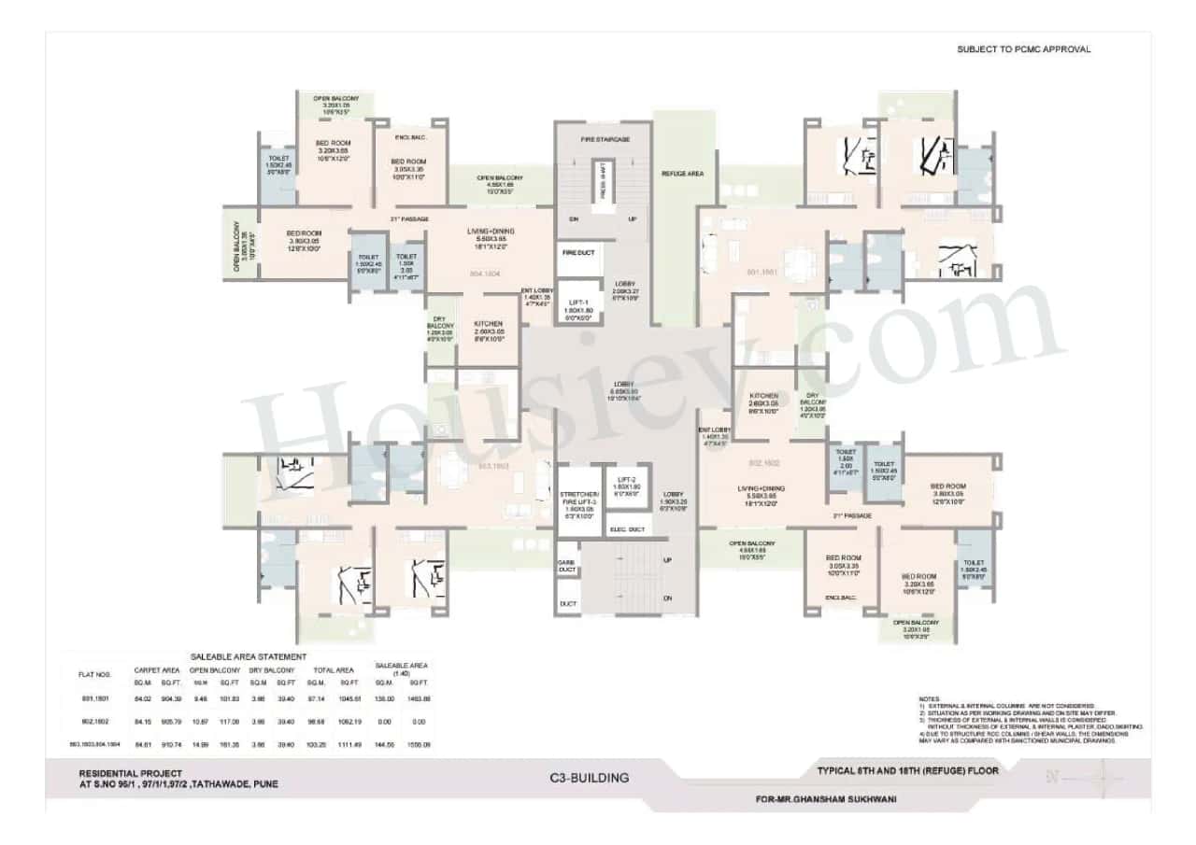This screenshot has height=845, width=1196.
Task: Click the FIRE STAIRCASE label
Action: coord(605,139)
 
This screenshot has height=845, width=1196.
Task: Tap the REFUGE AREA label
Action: coord(682,174)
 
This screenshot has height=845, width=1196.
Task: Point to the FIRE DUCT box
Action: coord(578,253)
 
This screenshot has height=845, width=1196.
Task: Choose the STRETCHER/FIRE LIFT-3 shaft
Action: coord(578,502)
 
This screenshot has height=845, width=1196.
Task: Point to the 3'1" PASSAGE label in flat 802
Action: coord(851,515)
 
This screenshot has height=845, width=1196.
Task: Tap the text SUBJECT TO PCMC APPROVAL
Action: coord(1023,49)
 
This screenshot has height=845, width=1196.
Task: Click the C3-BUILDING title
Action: coord(590,777)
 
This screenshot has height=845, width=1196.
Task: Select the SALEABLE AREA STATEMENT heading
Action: coord(249,657)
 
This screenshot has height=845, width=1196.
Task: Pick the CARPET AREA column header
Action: coord(157,669)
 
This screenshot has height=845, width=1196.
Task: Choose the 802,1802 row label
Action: coord(94,721)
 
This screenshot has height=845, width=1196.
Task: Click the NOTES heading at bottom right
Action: coord(928,698)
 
